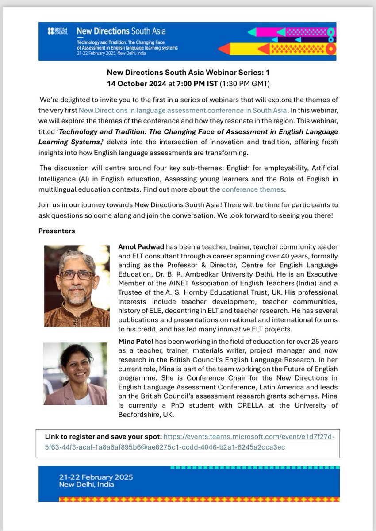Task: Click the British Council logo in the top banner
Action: click(x=58, y=31)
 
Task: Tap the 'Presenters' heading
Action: click(x=57, y=231)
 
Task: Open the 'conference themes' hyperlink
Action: click(x=253, y=190)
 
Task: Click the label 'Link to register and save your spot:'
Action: click(x=104, y=437)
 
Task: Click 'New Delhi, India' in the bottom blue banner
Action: click(x=86, y=485)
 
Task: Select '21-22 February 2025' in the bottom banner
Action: click(x=96, y=477)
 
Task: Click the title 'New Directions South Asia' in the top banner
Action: click(x=121, y=31)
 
